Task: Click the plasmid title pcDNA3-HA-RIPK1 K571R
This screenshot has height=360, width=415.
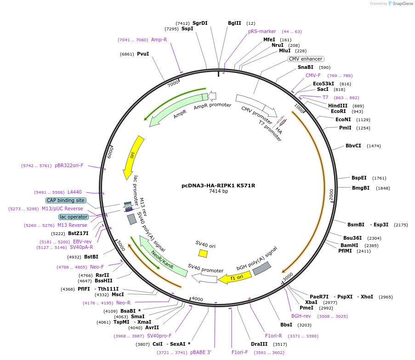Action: coord(218,186)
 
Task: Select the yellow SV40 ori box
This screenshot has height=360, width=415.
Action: coord(203,253)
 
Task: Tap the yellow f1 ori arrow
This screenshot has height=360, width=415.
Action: coord(234,277)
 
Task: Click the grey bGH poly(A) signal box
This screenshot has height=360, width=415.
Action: coord(262,269)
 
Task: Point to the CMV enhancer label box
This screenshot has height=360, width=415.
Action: coord(306,59)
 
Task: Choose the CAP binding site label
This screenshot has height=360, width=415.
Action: coord(66,200)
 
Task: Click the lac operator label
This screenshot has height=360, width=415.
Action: coord(74,217)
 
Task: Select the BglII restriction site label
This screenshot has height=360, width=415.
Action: coord(234,23)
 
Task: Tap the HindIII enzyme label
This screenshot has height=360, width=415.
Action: coord(338,106)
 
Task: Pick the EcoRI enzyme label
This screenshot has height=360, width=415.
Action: coord(338,111)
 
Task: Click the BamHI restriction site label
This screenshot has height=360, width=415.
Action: coord(349,245)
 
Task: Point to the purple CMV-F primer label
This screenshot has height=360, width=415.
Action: coord(313,75)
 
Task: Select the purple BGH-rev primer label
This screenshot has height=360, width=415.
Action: coord(301,316)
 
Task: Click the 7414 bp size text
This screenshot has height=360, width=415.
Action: coord(218,191)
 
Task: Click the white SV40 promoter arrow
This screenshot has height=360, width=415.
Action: coord(204,277)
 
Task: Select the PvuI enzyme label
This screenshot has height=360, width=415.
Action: coord(143,54)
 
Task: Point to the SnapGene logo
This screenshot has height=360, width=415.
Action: coord(398,4)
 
